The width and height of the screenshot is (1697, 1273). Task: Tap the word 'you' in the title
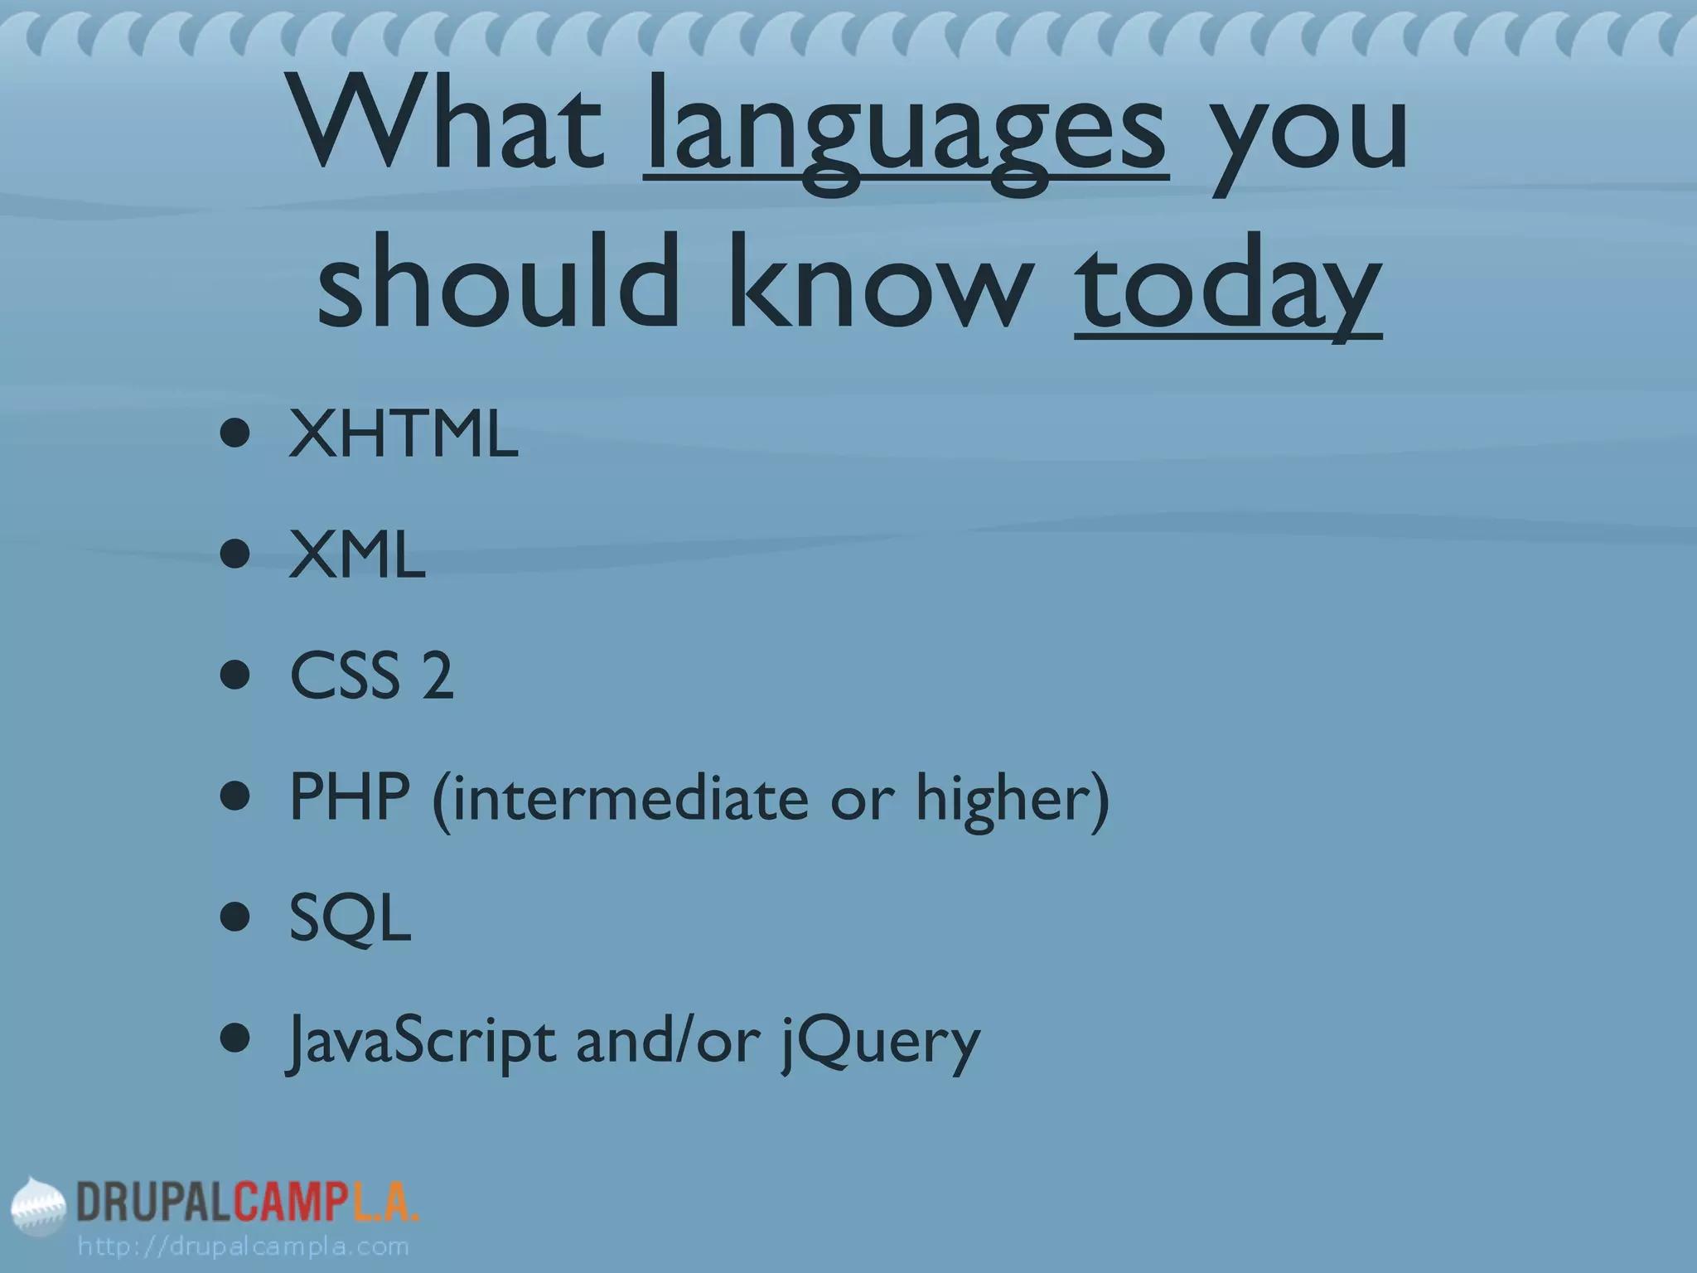(x=1308, y=133)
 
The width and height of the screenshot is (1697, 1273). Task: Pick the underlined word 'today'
(x=1227, y=286)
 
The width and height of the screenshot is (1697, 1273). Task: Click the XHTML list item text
(x=404, y=434)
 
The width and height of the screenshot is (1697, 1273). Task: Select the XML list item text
(x=357, y=555)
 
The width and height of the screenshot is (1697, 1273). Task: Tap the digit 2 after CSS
(x=438, y=676)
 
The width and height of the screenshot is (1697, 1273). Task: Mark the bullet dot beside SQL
(x=236, y=918)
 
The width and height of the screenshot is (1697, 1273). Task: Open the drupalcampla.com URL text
(x=243, y=1246)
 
